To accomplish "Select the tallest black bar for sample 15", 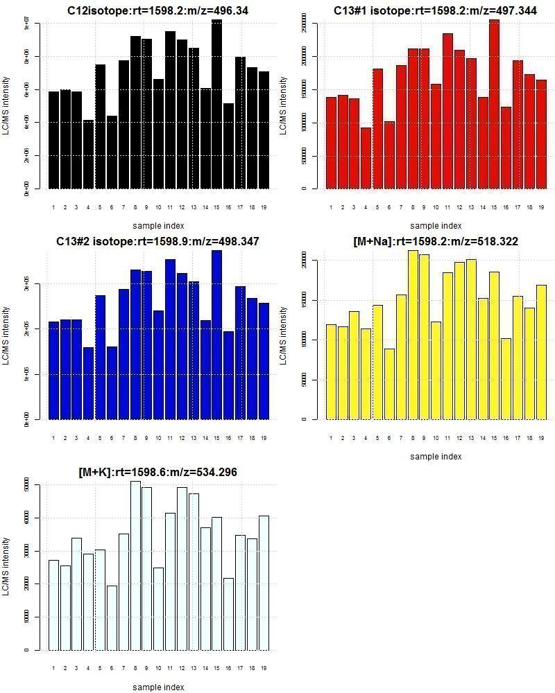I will coord(216,104).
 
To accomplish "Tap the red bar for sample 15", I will coord(494,104).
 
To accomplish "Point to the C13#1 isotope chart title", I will coord(435,11).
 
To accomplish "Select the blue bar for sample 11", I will coord(170,340).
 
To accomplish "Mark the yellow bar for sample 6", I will coord(389,384).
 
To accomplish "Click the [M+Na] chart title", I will coord(435,241).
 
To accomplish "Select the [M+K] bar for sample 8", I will coord(135,565).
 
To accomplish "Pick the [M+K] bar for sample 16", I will coord(228,614).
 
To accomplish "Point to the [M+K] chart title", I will coord(157,472).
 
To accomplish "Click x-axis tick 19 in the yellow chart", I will coord(540,438).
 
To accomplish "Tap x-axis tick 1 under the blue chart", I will coord(53,438).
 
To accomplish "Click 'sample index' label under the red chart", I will coord(435,226).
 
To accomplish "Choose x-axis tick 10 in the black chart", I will coord(159,207).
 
